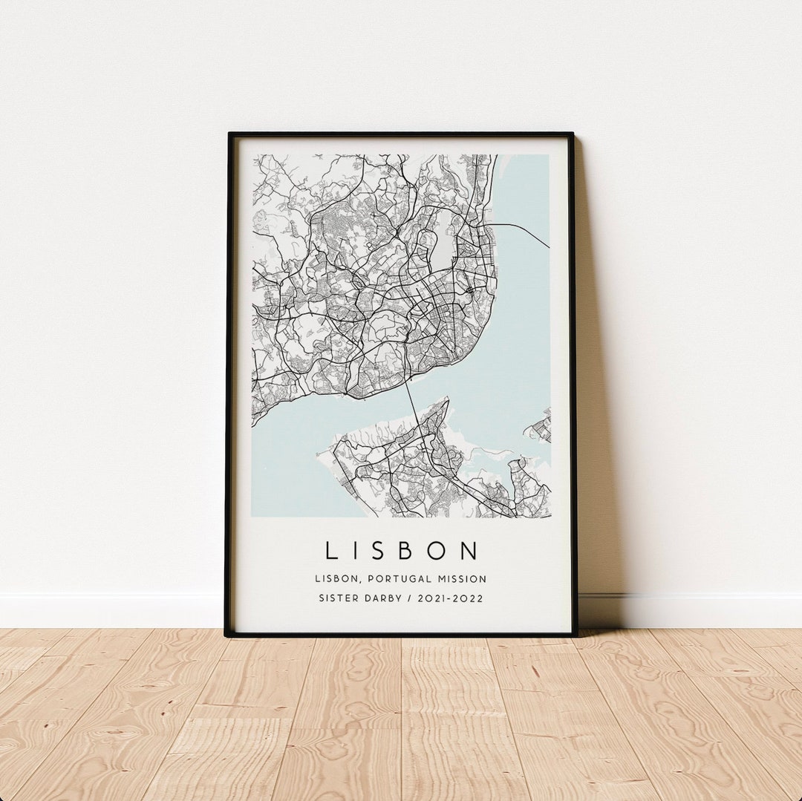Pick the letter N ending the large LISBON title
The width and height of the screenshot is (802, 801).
[469, 551]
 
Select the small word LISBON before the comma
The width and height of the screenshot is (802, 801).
[333, 578]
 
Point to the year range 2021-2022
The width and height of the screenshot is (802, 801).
[451, 598]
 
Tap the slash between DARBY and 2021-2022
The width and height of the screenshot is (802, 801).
[412, 598]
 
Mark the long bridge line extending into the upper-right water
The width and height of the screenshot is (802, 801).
[524, 232]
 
